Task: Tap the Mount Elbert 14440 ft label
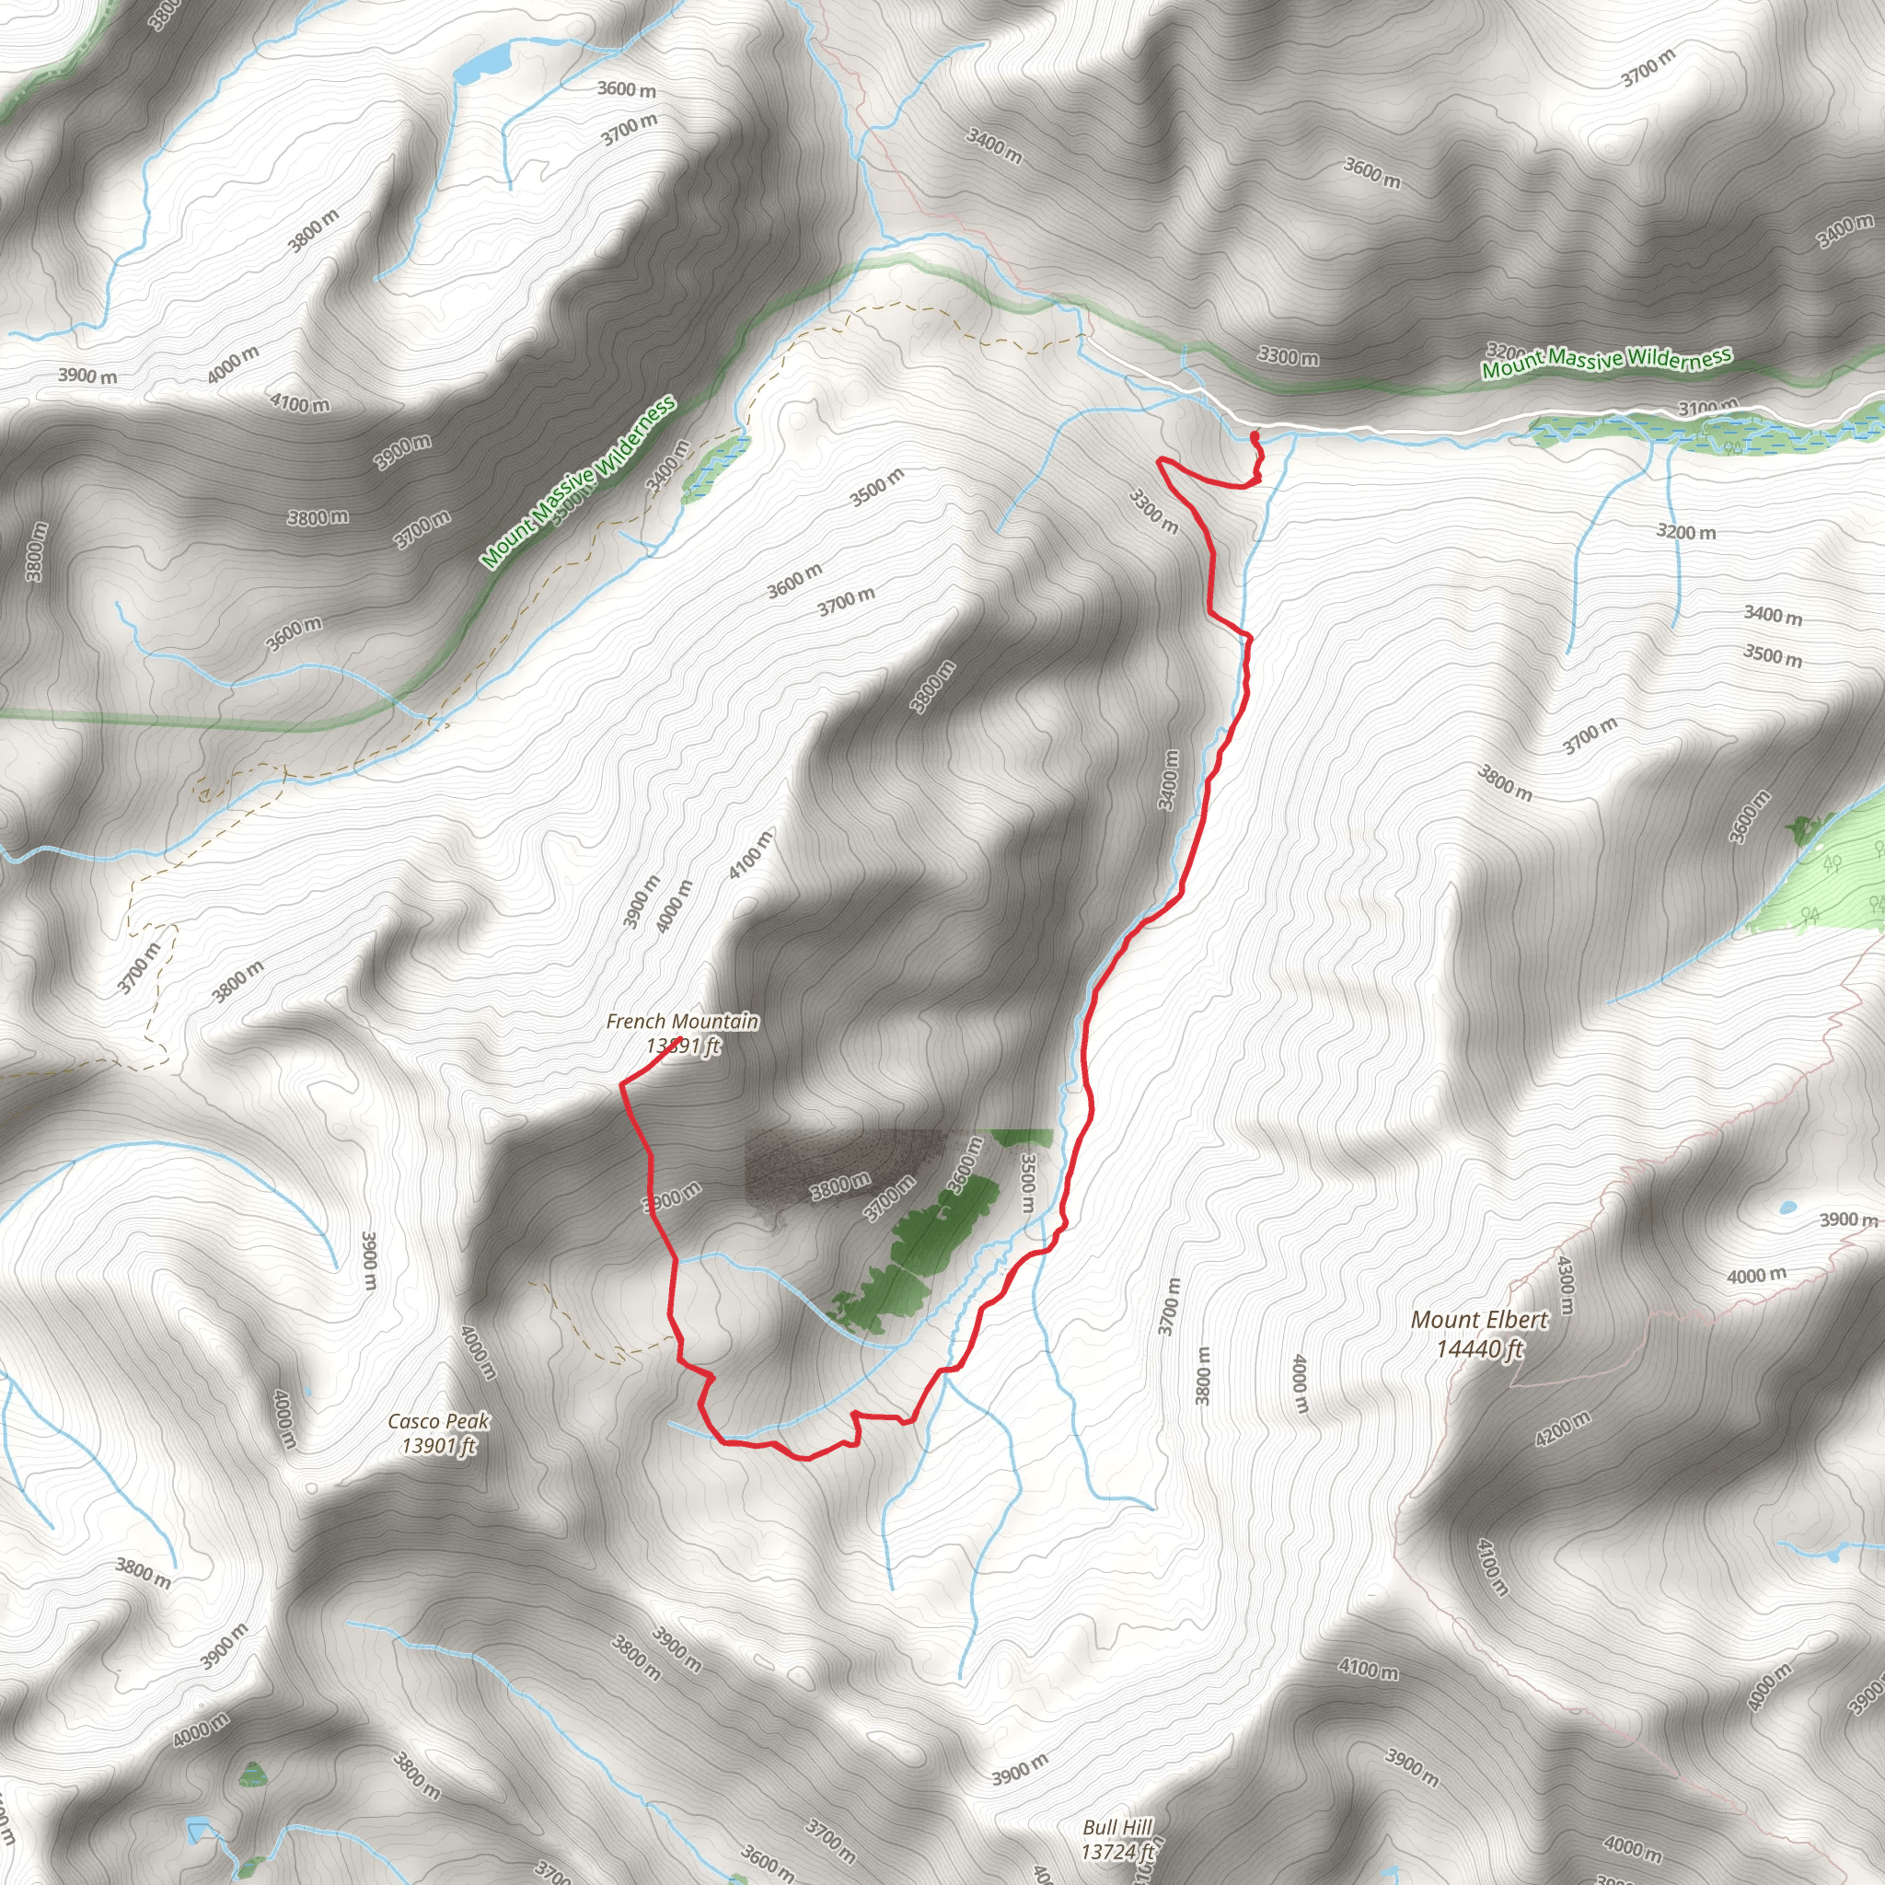pyautogui.click(x=1479, y=1334)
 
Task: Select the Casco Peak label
pyautogui.click(x=438, y=1433)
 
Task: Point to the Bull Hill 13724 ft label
pyautogui.click(x=1117, y=1838)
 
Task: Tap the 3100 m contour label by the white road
pyautogui.click(x=1708, y=407)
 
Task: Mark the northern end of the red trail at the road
pyautogui.click(x=1253, y=434)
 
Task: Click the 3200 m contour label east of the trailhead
pyautogui.click(x=1686, y=532)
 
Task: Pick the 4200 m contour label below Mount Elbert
pyautogui.click(x=1563, y=1428)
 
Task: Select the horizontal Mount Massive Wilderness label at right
pyautogui.click(x=1606, y=362)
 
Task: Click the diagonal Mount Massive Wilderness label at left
pyautogui.click(x=578, y=481)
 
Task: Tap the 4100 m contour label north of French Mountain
pyautogui.click(x=750, y=854)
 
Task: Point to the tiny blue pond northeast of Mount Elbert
pyautogui.click(x=1787, y=1207)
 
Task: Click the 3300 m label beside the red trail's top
pyautogui.click(x=1153, y=511)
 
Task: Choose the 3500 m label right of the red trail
pyautogui.click(x=1025, y=1183)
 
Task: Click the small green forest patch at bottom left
pyautogui.click(x=253, y=1774)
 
